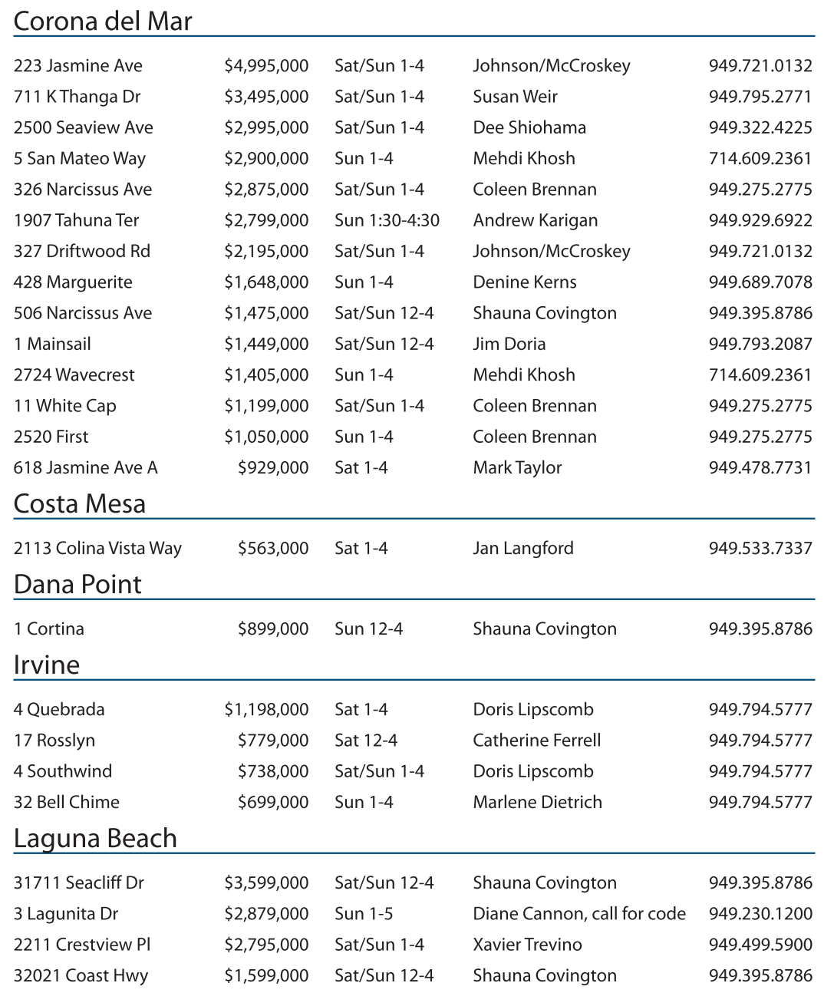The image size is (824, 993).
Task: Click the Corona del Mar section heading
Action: point(103,21)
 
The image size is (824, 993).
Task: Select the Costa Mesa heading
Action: point(80,503)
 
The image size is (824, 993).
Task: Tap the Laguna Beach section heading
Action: point(95,838)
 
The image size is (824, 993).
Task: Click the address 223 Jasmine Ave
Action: point(78,66)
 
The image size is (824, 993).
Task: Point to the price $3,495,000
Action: point(266,97)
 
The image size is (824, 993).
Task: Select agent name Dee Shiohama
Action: point(529,127)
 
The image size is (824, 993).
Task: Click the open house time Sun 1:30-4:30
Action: point(387,220)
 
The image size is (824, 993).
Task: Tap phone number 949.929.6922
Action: point(760,220)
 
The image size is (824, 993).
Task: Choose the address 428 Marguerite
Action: point(73,282)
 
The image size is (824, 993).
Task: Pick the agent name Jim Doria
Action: point(509,344)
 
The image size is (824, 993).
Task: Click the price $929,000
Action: point(273,467)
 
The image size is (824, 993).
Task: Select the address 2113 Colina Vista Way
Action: point(97,548)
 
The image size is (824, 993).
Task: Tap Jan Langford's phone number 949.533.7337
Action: point(760,548)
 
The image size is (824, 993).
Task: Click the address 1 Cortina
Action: point(49,628)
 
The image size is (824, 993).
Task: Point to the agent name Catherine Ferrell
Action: point(536,741)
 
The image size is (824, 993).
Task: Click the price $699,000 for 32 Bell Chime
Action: point(273,802)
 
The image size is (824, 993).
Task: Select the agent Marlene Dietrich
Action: point(537,802)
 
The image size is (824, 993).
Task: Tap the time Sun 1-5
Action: point(364,914)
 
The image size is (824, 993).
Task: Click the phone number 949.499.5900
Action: point(760,945)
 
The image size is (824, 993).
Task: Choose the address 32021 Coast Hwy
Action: point(81,975)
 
